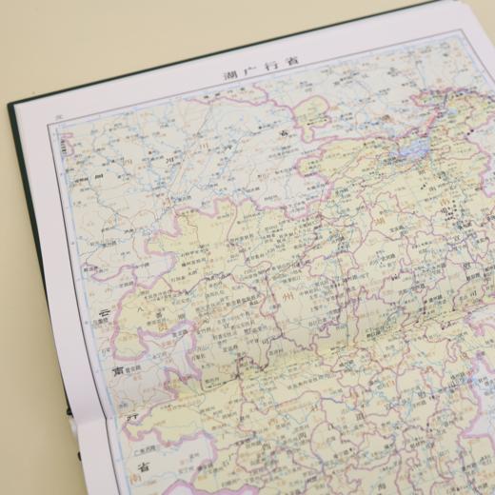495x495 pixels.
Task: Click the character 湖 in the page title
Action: coord(228,76)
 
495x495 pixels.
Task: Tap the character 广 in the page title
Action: coord(243,72)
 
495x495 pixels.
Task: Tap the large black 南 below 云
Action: coord(117,370)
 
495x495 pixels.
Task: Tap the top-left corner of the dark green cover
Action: coord(10,102)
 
